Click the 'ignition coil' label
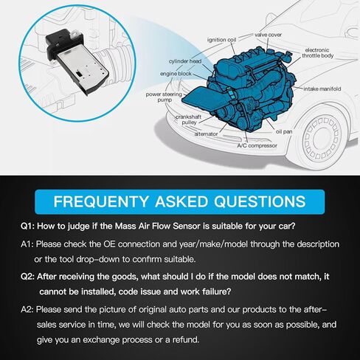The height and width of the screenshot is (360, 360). pos(221,40)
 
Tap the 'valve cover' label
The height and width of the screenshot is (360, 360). pos(268,35)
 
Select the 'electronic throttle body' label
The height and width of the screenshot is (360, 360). pos(318,53)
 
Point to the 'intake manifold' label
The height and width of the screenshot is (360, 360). pos(322,89)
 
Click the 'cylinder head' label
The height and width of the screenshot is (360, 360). pos(185,61)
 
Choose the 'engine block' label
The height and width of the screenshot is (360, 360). pos(176,74)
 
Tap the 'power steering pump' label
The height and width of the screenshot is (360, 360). pos(164,97)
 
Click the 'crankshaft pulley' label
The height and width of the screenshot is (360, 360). pos(189,120)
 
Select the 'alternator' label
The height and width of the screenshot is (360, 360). pos(206,134)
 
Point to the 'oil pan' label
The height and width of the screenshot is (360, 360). pos(284,131)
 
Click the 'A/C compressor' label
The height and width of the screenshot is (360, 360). pos(257,145)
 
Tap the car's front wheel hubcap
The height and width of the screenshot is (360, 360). pos(320,138)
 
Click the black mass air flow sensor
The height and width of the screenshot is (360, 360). pos(77,61)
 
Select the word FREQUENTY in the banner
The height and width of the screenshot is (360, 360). pos(101,201)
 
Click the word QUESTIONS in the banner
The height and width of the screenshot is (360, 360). pos(260,201)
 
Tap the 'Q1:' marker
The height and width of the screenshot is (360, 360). pos(27,226)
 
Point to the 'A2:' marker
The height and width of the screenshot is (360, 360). pos(27,309)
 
